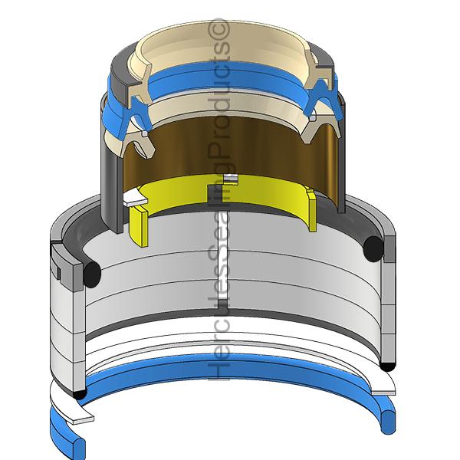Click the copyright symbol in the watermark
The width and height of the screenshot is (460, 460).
pos(219,29)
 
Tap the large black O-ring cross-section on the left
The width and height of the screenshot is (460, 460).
pos(92,274)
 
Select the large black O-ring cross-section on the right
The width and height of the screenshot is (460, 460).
pos(373,249)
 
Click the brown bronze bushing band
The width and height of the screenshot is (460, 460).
pos(232,153)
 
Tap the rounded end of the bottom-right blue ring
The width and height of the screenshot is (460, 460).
pos(388,422)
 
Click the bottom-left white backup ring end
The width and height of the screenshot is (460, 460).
pos(83,419)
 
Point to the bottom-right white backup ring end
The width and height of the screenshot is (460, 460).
pos(383,393)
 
